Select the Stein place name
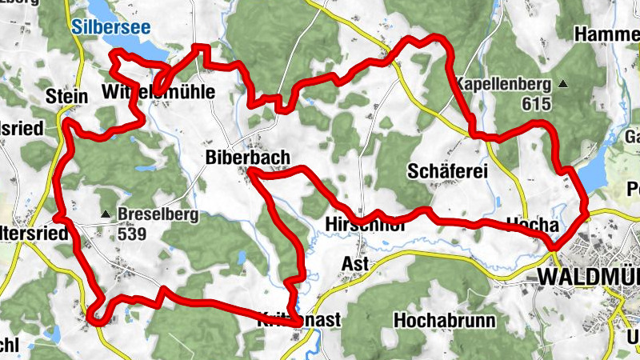[66, 96]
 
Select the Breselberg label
[153, 214]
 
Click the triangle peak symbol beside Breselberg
[106, 214]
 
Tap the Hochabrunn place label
[445, 321]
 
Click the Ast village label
[354, 264]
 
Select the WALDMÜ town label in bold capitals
[589, 276]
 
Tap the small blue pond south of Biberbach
[241, 258]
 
